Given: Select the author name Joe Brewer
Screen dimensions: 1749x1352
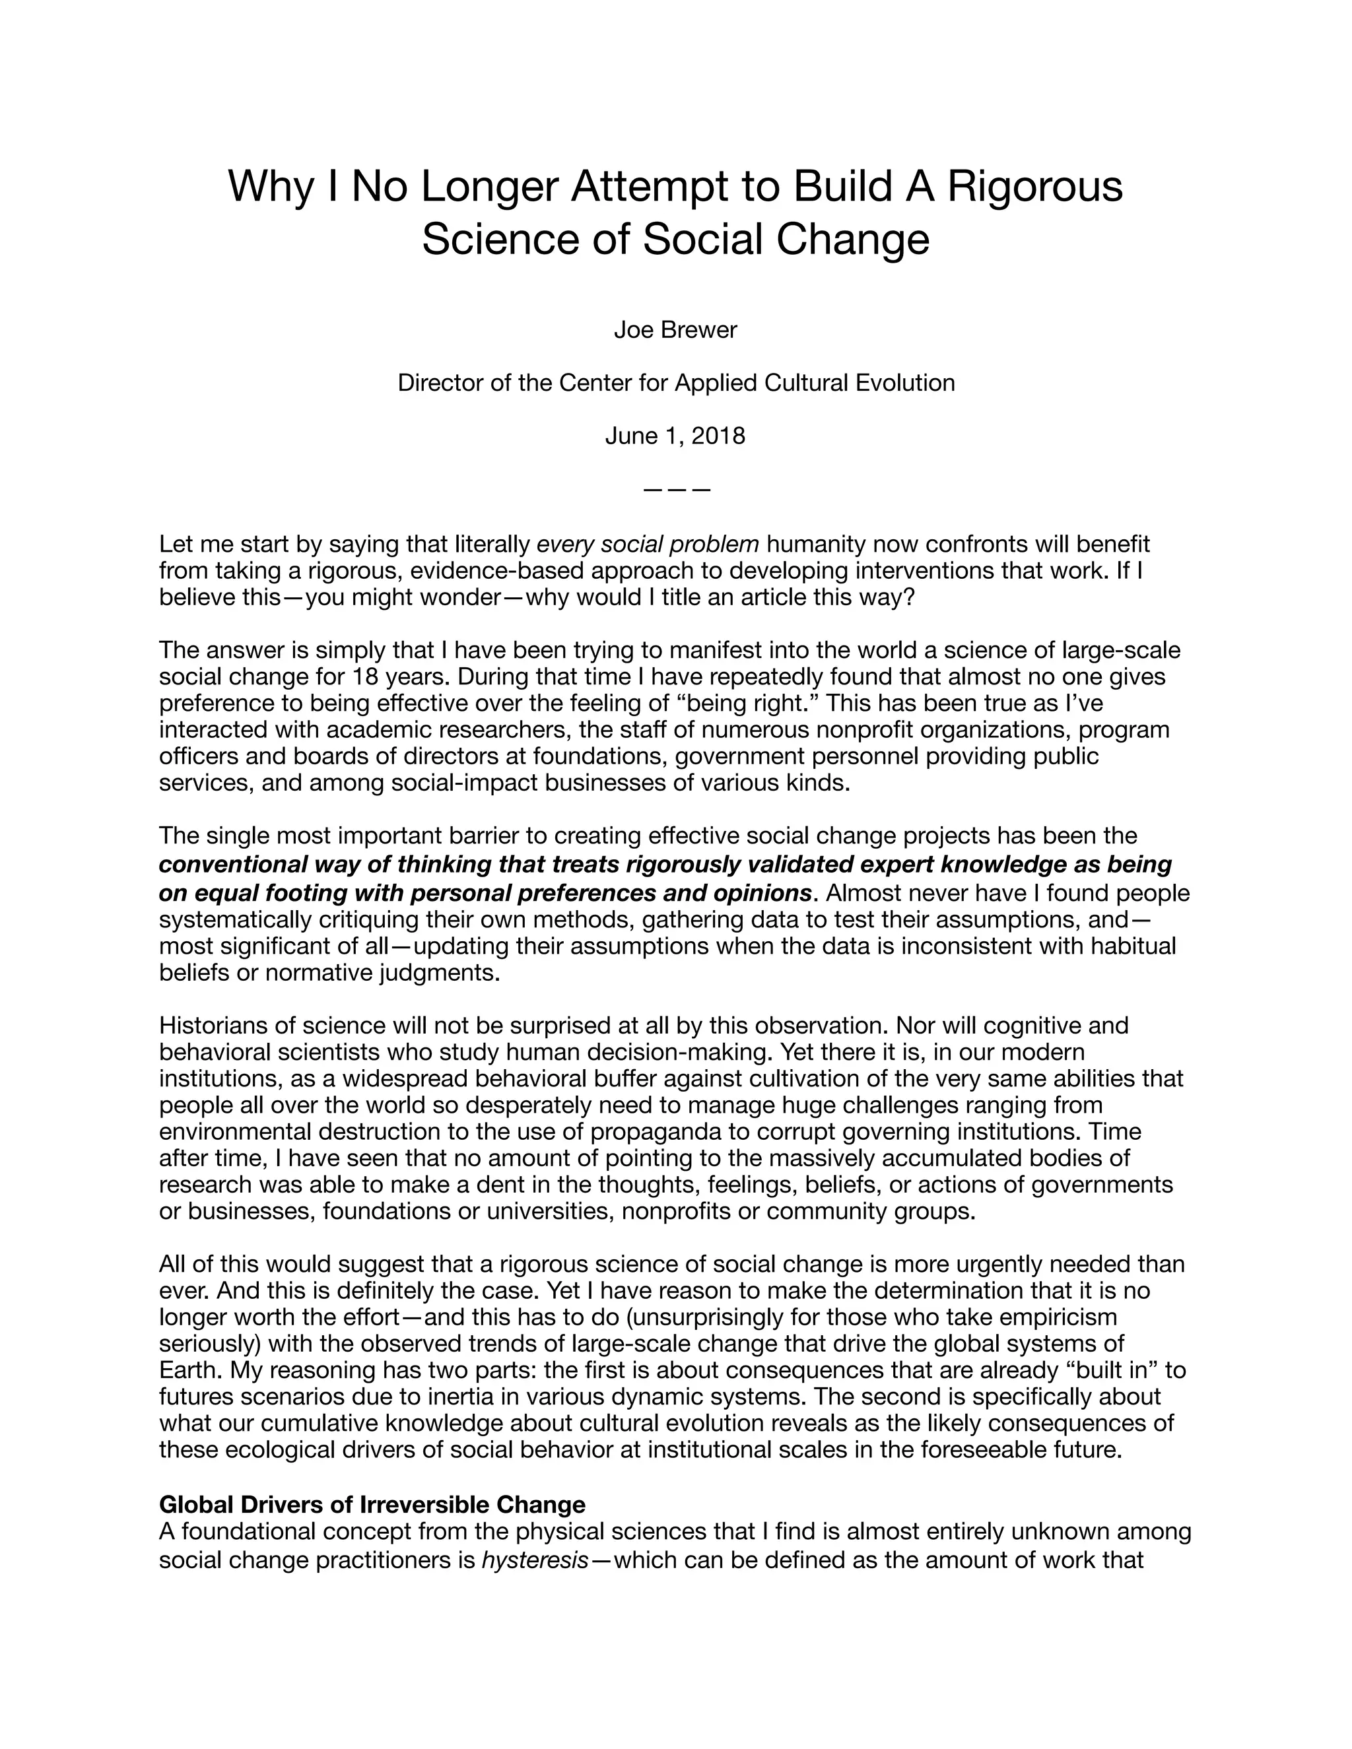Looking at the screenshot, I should (x=675, y=330).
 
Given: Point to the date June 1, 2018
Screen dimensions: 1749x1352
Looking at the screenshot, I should (x=675, y=436).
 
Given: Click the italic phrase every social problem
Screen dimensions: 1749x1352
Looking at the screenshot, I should (x=647, y=544).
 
